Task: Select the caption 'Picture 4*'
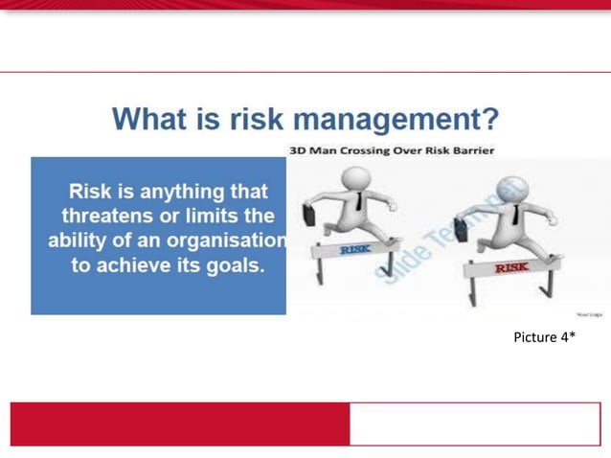tap(544, 336)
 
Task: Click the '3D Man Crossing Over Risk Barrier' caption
tap(392, 150)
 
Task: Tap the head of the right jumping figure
tap(509, 191)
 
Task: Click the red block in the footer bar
tap(179, 423)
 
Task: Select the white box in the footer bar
tap(474, 423)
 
